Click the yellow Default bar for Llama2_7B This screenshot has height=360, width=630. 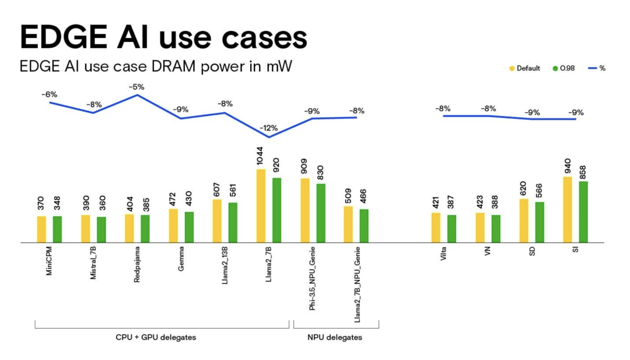(261, 205)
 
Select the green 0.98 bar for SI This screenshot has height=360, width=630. (583, 211)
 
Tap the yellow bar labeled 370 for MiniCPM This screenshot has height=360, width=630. (41, 229)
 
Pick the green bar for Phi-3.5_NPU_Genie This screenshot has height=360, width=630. (321, 212)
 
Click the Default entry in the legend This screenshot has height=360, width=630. (524, 68)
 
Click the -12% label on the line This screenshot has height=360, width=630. (269, 128)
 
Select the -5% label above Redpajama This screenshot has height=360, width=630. (137, 86)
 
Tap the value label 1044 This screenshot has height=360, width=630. (261, 156)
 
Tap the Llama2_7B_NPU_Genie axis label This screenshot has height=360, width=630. (357, 285)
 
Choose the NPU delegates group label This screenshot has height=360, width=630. (335, 338)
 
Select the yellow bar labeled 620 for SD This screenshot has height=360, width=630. (523, 220)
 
